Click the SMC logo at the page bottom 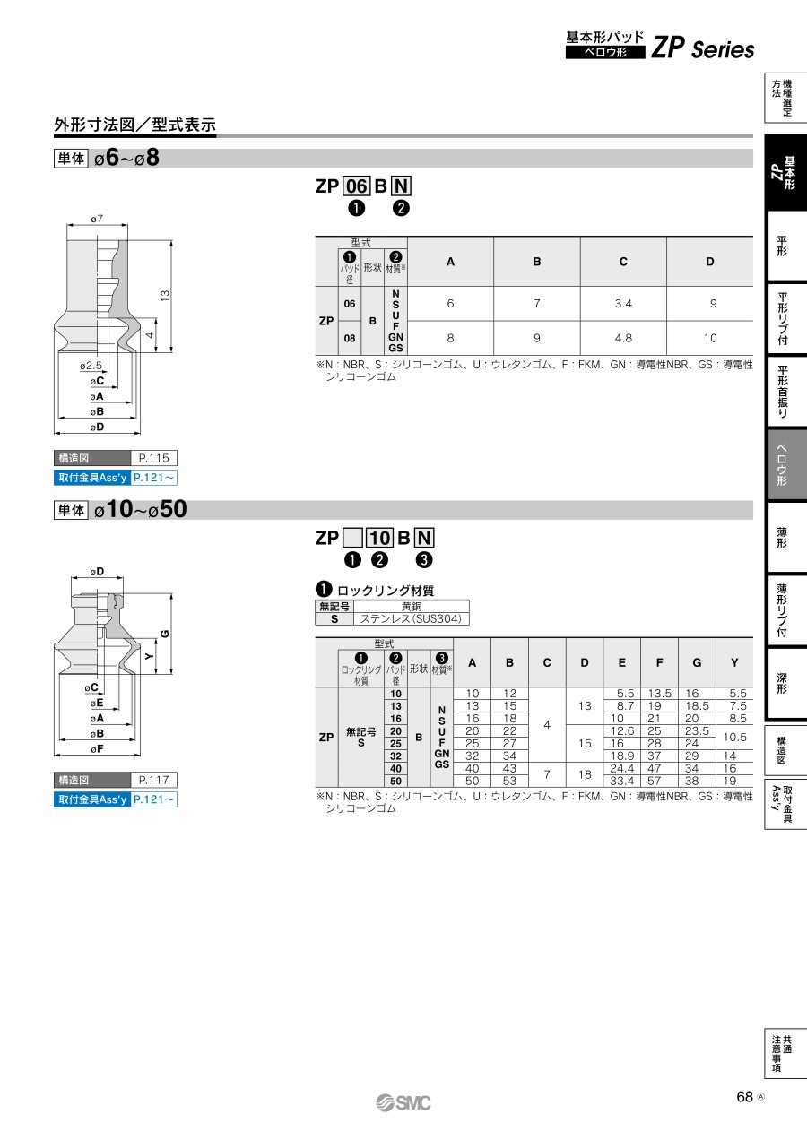coord(403,1103)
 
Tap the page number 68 coord(744,1096)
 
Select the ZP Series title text coord(703,49)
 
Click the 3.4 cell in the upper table coord(623,304)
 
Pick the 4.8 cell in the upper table coord(623,339)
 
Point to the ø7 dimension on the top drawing coord(97,219)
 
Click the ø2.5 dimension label coord(91,366)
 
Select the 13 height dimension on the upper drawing coord(164,295)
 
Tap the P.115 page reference coord(153,458)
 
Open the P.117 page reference coord(153,780)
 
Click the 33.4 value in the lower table coord(621,781)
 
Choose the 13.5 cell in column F coord(659,693)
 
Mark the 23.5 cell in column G coord(697,730)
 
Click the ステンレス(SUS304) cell coord(411,619)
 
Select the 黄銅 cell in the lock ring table coord(412,606)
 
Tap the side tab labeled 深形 coord(782,683)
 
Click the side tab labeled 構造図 coord(782,750)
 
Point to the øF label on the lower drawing coord(97,748)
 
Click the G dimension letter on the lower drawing coord(164,634)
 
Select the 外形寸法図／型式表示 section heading coord(134,125)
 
